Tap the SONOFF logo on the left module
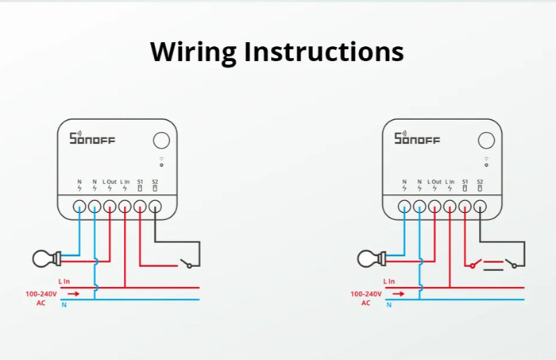[92, 139]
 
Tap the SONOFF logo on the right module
[417, 139]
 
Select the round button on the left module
[160, 141]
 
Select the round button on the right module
[485, 141]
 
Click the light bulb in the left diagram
[43, 257]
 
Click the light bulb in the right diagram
[368, 257]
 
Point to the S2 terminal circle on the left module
[155, 206]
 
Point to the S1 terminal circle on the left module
[140, 206]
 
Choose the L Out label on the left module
[110, 183]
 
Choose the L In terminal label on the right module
[450, 183]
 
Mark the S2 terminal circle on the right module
[480, 206]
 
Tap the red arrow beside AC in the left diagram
[73, 294]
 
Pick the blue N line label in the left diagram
[64, 305]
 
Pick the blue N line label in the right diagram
[388, 305]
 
